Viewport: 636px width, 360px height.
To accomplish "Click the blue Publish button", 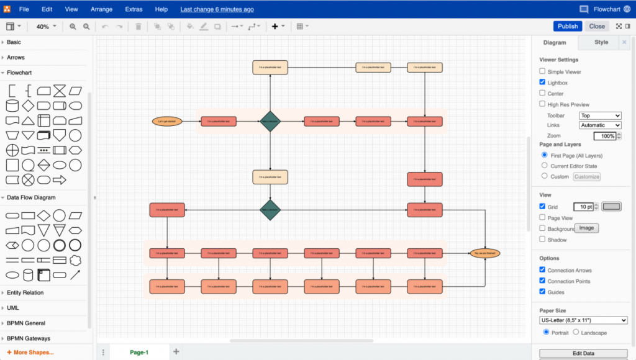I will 568,26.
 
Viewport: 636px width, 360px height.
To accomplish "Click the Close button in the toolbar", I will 597,26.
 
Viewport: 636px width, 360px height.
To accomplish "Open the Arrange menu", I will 101,9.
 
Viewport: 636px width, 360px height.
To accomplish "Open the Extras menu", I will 133,9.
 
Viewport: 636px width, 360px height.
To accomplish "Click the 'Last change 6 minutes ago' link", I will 217,9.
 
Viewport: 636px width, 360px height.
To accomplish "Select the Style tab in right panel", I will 601,42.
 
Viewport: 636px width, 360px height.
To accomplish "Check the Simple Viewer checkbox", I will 542,72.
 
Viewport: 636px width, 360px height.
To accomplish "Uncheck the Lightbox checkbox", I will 542,83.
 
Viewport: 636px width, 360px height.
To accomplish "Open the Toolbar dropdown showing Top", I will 600,115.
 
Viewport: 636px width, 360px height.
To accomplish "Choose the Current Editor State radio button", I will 545,166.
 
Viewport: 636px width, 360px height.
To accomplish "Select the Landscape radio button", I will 576,332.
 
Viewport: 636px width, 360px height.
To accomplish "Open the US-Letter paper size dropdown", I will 583,320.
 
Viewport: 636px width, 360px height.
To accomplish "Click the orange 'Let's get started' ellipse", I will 168,122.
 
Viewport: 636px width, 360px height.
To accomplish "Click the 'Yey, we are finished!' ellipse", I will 485,253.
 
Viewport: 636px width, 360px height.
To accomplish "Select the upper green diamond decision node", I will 270,122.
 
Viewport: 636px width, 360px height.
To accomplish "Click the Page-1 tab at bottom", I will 139,352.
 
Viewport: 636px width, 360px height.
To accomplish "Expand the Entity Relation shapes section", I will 25,292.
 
